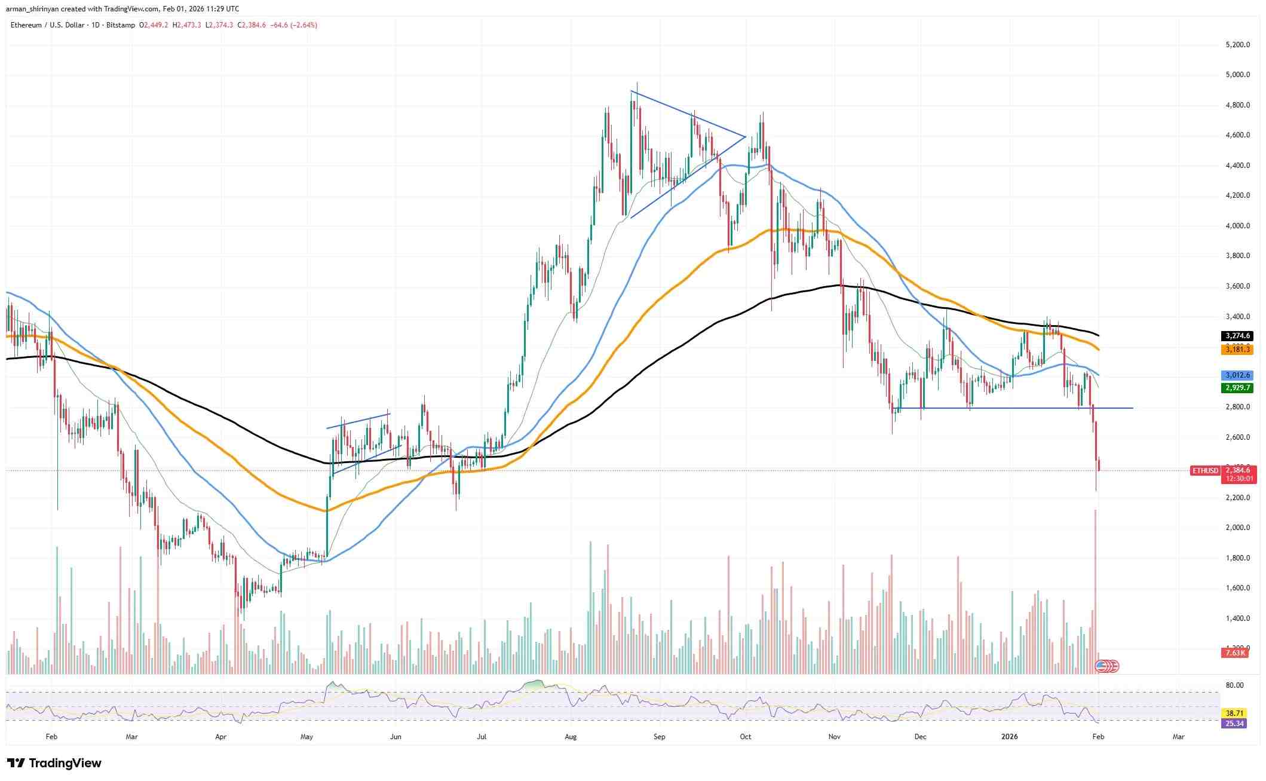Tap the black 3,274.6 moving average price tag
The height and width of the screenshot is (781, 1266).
pyautogui.click(x=1237, y=336)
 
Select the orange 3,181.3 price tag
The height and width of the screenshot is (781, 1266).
pyautogui.click(x=1237, y=349)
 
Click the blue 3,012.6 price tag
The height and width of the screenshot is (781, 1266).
pyautogui.click(x=1237, y=375)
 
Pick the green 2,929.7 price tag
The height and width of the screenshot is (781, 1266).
pyautogui.click(x=1237, y=388)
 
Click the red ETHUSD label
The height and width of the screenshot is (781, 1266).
pyautogui.click(x=1205, y=471)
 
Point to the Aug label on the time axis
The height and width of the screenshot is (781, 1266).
pyautogui.click(x=571, y=737)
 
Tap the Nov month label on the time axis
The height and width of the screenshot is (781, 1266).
pyautogui.click(x=834, y=737)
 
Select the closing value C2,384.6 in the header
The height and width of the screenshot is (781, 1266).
pyautogui.click(x=252, y=25)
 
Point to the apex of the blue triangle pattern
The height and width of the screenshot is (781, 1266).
pyautogui.click(x=745, y=137)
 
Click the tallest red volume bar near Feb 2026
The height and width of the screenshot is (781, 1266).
pyautogui.click(x=1095, y=592)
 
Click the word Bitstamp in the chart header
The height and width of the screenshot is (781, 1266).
pyautogui.click(x=121, y=25)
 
